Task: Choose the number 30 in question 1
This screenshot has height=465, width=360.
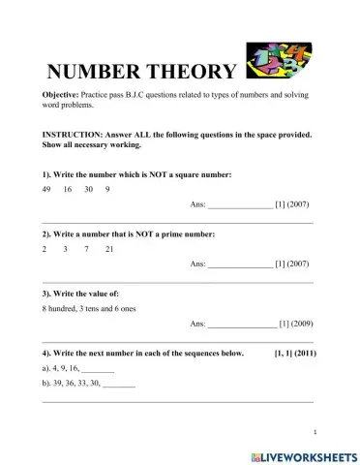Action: [x=89, y=189]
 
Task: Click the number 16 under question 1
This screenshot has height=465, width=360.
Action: [x=68, y=189]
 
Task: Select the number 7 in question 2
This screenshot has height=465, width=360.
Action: [x=86, y=249]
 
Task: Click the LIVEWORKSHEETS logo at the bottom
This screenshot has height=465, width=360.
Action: [x=303, y=454]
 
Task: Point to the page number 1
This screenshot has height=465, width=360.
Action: [x=315, y=430]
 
